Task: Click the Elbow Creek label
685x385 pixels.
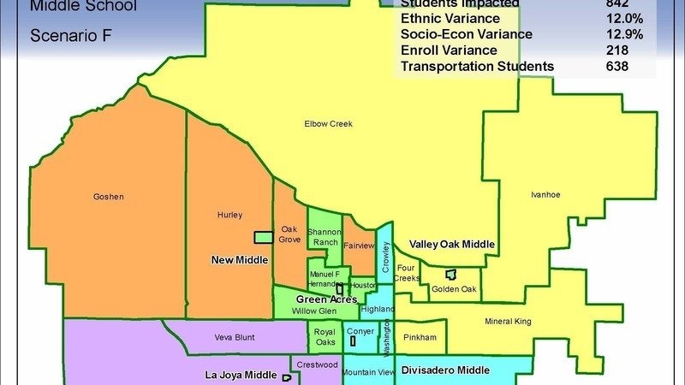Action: click(328, 124)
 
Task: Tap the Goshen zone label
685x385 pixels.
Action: click(109, 197)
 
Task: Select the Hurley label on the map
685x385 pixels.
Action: click(229, 215)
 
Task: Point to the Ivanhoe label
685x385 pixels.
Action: click(545, 195)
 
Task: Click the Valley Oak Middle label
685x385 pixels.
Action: click(452, 245)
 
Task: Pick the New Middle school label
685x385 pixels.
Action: click(240, 259)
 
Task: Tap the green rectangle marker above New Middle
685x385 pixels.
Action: click(263, 237)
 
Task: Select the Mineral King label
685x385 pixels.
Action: click(509, 322)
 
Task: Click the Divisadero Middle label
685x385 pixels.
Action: click(445, 370)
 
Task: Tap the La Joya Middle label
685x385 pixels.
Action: click(241, 375)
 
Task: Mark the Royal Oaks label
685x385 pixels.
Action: click(325, 336)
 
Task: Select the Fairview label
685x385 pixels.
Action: click(359, 246)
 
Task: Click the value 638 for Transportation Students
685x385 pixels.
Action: click(617, 66)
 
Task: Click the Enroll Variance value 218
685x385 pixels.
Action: click(617, 50)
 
